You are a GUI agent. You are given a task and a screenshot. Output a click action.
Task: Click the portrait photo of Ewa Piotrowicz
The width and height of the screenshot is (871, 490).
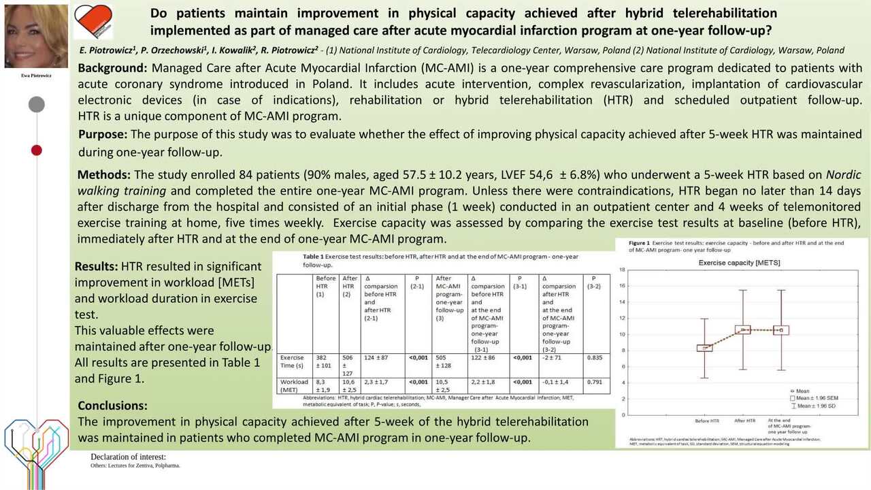(36, 36)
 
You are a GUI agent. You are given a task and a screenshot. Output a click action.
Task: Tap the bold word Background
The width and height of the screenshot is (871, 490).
(112, 68)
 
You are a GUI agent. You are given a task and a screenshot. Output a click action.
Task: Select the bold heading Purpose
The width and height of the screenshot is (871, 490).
(102, 134)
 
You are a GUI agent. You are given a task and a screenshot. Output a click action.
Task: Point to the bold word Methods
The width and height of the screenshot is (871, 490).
(104, 175)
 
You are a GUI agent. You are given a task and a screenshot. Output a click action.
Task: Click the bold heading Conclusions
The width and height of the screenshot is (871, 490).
(112, 406)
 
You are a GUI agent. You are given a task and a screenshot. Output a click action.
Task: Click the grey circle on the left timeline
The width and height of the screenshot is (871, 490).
(37, 104)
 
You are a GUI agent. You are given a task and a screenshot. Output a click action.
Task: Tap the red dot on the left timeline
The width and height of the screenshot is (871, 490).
(37, 150)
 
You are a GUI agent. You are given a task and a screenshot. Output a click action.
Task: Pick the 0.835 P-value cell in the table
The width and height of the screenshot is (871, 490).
(595, 357)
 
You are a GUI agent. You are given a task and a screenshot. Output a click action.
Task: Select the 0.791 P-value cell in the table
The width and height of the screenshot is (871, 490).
(595, 382)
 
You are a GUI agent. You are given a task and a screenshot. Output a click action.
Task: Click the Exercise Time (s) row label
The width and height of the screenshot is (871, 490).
(293, 361)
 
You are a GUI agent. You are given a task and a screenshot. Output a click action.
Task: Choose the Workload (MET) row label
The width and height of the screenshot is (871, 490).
(294, 386)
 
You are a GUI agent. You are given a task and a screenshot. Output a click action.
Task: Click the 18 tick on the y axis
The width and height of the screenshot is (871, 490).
(622, 270)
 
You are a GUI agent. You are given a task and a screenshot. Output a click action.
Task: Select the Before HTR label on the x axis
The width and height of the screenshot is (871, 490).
(706, 421)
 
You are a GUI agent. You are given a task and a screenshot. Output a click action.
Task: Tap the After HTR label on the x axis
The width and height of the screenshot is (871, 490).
(745, 421)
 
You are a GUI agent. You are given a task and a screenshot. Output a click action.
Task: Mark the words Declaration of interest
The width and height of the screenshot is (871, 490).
(128, 457)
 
